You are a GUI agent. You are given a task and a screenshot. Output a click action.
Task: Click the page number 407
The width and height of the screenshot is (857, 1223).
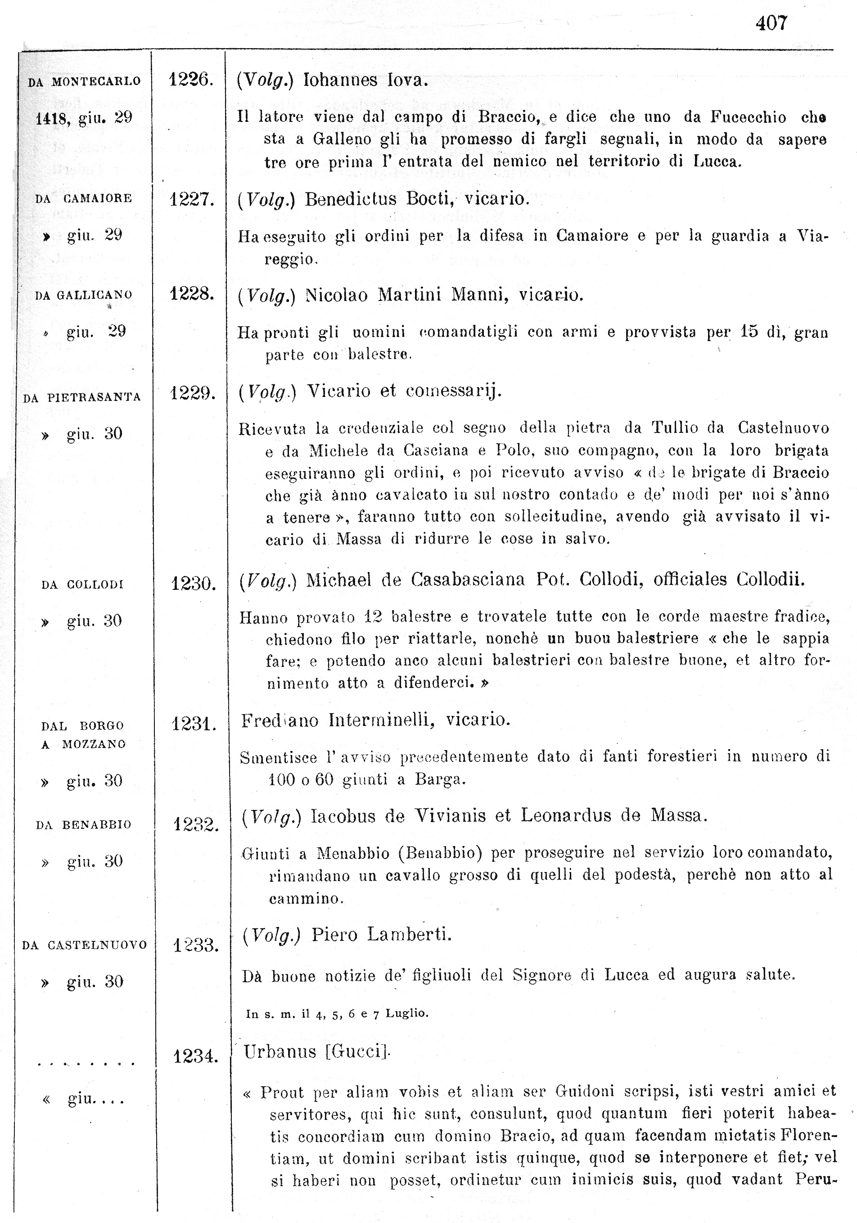[x=771, y=23]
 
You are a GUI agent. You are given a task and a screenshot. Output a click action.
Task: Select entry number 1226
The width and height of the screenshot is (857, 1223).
[x=191, y=80]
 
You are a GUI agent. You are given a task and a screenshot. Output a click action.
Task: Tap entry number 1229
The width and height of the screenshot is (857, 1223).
[x=192, y=393]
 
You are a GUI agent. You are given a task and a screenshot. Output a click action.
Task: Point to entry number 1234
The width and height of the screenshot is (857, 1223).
[x=195, y=1056]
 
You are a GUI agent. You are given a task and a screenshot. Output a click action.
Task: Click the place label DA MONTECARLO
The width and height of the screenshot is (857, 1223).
[x=84, y=82]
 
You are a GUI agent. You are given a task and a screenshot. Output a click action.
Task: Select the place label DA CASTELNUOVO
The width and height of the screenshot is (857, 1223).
[x=84, y=945]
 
